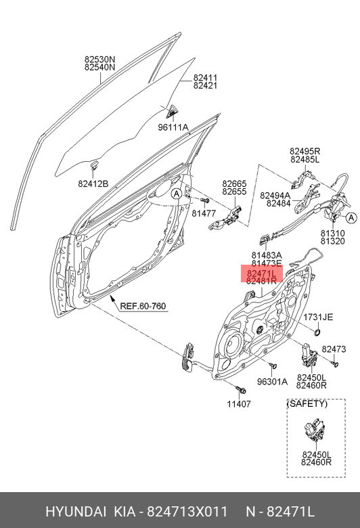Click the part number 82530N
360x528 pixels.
click(99, 59)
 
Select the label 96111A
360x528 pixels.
click(173, 127)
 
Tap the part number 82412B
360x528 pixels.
click(93, 183)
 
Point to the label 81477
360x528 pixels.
click(203, 213)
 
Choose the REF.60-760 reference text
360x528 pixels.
click(143, 306)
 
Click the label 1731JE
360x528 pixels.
click(318, 317)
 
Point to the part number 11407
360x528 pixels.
click(238, 404)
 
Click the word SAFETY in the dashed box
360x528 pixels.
click(307, 403)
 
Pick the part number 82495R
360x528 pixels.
click(305, 150)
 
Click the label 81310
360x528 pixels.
click(332, 232)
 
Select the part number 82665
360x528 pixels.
click(235, 183)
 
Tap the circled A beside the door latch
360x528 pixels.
click(351, 218)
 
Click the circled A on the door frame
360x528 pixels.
click(176, 194)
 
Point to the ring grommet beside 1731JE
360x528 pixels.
click(316, 332)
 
